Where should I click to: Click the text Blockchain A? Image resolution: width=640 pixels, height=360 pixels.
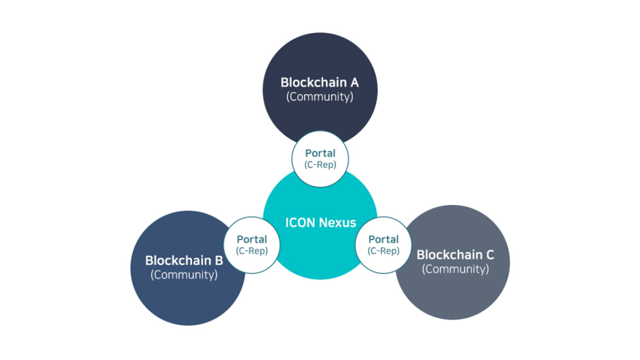[x=319, y=82]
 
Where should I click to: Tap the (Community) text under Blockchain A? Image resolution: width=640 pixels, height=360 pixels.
[x=319, y=96]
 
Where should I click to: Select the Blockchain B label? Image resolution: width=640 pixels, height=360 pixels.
[x=184, y=260]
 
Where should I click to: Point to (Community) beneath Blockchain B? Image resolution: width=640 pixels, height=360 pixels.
[x=184, y=274]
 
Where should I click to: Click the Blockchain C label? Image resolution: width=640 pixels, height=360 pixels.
[x=455, y=254]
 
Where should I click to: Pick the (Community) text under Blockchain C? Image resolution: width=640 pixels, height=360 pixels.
[x=455, y=269]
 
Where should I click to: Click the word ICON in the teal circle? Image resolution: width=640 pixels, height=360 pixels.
[x=300, y=222]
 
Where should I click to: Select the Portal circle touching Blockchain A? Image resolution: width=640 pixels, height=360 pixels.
[x=320, y=158]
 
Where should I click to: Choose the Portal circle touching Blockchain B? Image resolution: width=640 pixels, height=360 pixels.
[x=251, y=245]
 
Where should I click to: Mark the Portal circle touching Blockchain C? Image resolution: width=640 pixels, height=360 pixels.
[x=383, y=245]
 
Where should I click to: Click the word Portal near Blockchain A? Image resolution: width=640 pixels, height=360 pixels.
[x=320, y=153]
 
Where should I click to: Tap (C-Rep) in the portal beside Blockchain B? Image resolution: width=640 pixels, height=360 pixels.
[x=251, y=251]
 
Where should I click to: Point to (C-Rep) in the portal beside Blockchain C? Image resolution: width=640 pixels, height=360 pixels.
[x=383, y=251]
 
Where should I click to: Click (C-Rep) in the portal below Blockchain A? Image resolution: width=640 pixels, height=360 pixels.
[x=320, y=164]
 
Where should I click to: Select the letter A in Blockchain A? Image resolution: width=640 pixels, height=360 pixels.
[x=354, y=82]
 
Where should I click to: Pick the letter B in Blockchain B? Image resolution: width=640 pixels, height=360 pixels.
[x=218, y=260]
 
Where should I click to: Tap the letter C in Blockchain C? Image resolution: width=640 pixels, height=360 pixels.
[x=489, y=254]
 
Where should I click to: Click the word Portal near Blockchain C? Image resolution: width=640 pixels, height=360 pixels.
[x=383, y=239]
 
